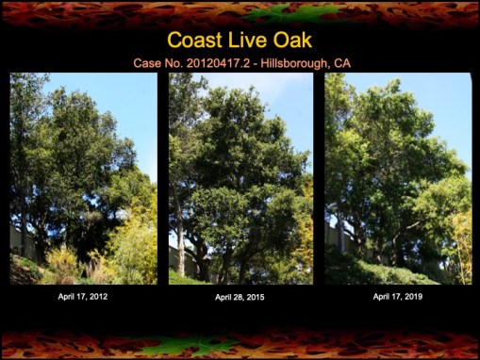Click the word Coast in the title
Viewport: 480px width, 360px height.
tap(194, 41)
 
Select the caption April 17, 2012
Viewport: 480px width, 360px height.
tap(84, 296)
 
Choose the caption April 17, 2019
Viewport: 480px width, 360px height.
tap(399, 296)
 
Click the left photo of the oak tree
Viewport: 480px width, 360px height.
tap(84, 178)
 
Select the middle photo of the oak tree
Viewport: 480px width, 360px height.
tap(240, 178)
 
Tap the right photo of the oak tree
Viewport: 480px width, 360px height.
tap(398, 178)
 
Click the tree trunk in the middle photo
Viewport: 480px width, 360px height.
tap(179, 240)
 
